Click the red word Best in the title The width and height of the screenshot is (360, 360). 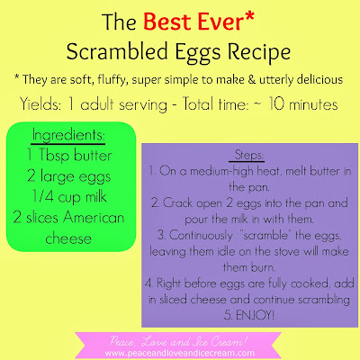click(167, 22)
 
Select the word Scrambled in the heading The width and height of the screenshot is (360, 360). click(117, 50)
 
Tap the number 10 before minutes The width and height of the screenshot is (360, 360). click(276, 104)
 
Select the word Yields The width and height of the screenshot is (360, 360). click(40, 104)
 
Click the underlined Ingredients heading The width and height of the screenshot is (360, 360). click(68, 135)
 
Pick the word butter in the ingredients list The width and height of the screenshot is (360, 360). click(93, 155)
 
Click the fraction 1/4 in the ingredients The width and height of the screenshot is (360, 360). click(43, 197)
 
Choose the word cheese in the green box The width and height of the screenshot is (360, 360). click(68, 238)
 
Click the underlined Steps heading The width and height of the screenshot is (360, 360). click(248, 155)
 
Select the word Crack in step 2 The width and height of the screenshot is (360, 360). click(178, 203)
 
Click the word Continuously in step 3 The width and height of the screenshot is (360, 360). click(201, 235)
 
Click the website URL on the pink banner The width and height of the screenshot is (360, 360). click(179, 353)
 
